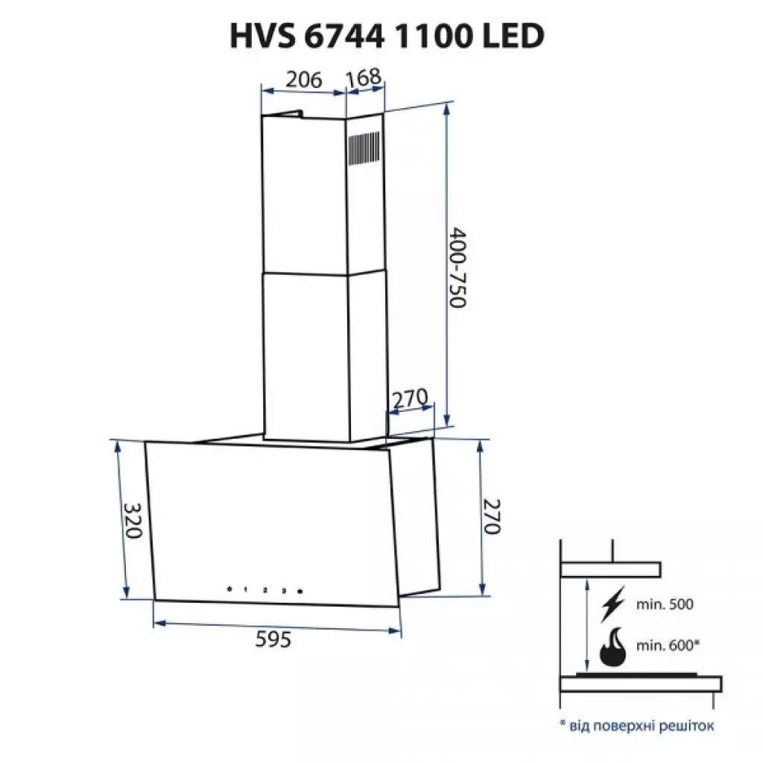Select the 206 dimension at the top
coord(303,79)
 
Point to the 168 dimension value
coord(364,76)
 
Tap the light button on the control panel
coord(300,590)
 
